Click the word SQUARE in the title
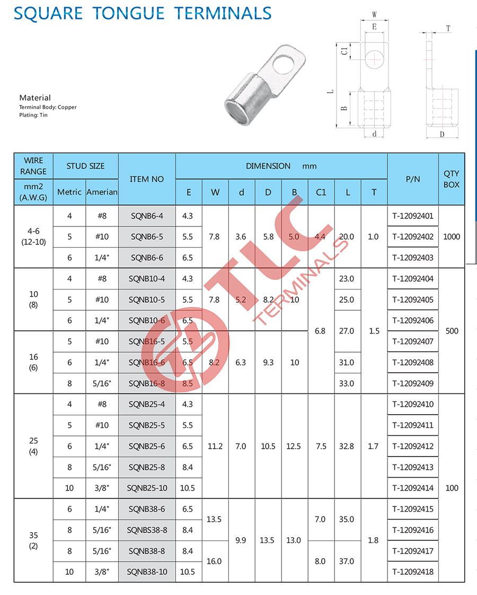47,12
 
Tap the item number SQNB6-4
147,216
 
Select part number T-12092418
413,572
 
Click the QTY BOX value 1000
452,237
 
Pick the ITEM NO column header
147,179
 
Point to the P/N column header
413,179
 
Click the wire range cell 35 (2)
33,540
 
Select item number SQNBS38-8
147,530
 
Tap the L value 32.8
347,447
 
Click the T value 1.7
373,447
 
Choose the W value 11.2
215,447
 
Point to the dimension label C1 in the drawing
344,51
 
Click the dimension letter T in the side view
448,29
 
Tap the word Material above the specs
35,98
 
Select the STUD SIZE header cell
85,166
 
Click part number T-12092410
413,405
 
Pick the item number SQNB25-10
147,488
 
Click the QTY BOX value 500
452,331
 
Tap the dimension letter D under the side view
441,135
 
